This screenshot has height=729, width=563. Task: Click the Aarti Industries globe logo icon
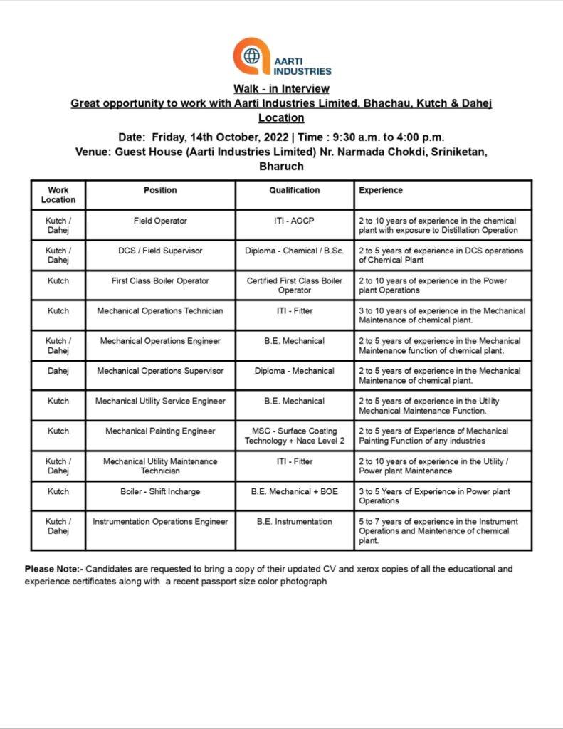251,56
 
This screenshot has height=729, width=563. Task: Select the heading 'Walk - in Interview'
281,88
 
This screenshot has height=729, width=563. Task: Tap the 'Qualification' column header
294,190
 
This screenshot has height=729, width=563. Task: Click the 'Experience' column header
381,190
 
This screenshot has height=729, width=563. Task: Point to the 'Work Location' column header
58,195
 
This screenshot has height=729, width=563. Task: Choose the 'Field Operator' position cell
160,221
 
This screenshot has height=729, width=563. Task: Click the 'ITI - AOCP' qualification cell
294,221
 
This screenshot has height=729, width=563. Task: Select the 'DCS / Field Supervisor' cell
160,251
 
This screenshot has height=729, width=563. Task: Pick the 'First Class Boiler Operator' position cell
160,280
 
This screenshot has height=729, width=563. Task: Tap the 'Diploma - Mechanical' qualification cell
294,371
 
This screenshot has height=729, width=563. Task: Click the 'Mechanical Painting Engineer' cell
160,431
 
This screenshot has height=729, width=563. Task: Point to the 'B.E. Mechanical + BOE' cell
294,491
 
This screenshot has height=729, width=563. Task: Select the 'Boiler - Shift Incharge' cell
160,491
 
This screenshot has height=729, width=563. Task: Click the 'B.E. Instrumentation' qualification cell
294,521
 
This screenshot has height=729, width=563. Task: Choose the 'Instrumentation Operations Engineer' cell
160,521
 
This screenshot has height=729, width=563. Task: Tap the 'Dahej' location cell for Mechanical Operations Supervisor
58,371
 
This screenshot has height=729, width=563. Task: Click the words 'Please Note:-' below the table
54,569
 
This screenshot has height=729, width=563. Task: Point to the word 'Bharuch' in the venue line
281,167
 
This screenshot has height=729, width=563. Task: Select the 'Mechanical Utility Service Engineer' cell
160,401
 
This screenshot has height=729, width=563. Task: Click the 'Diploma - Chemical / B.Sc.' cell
294,251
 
